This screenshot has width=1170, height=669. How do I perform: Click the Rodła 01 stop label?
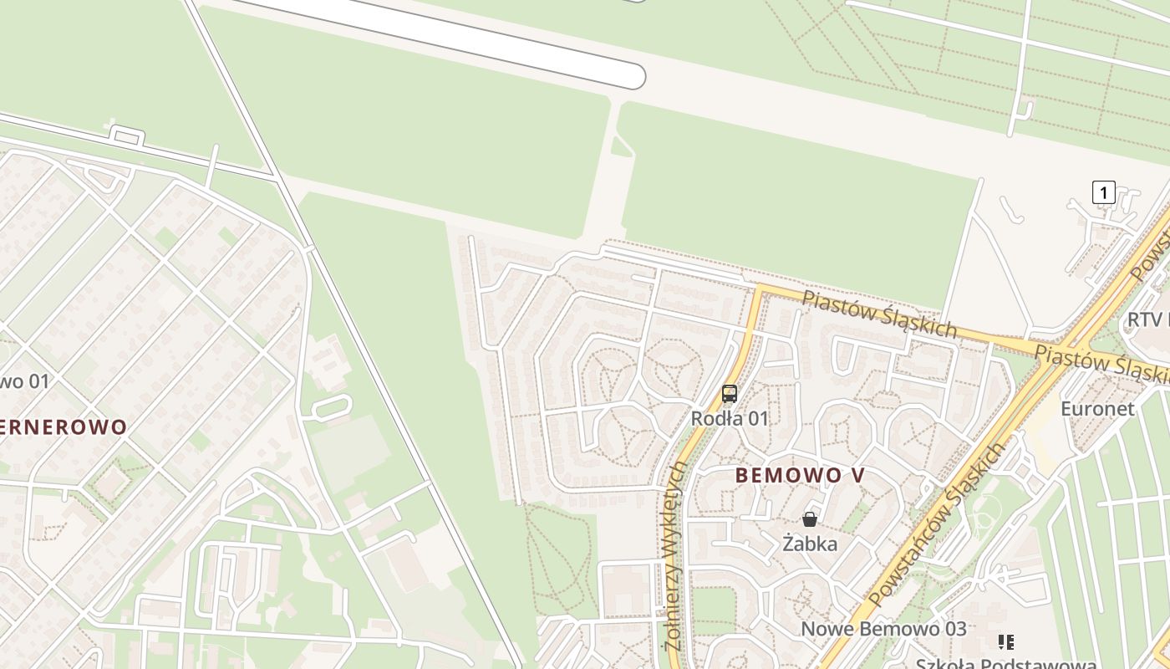tap(729, 418)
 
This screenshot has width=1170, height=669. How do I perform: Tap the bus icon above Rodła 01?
tap(730, 394)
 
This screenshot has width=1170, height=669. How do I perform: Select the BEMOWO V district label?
tap(800, 475)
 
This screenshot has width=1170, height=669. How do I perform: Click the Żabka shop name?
tap(810, 544)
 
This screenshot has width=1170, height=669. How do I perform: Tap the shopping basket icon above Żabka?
tap(809, 519)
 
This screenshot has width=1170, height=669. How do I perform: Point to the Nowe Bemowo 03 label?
tap(883, 629)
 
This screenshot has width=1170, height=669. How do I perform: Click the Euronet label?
tap(1097, 409)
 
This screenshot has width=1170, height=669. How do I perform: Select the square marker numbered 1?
tap(1103, 192)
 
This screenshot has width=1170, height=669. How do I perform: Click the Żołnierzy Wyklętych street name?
tap(675, 556)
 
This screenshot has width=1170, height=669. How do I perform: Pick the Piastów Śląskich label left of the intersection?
tap(879, 314)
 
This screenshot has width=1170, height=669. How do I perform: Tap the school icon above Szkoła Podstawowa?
tap(1006, 642)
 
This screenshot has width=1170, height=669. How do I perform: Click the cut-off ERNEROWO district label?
tap(64, 427)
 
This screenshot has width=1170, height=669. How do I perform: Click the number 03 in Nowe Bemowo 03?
tap(953, 629)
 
